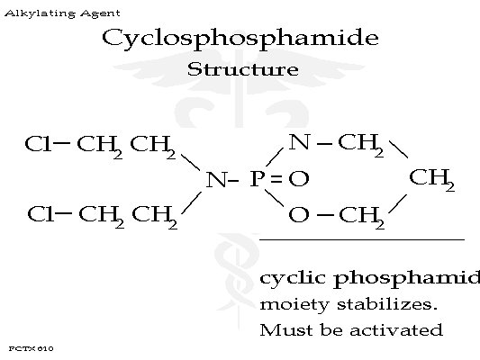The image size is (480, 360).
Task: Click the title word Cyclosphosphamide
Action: pyautogui.click(x=240, y=38)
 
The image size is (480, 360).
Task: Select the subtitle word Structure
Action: pyautogui.click(x=243, y=69)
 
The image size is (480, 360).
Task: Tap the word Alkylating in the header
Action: pyautogui.click(x=41, y=13)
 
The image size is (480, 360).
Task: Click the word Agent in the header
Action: pyautogui.click(x=100, y=13)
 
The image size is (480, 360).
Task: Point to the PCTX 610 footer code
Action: pyautogui.click(x=31, y=348)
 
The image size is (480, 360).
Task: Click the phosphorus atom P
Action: pyautogui.click(x=257, y=178)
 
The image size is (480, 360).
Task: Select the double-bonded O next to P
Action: pyautogui.click(x=299, y=179)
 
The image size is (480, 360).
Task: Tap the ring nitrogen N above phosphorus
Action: pyautogui.click(x=299, y=142)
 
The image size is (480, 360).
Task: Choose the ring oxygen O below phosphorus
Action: pyautogui.click(x=298, y=214)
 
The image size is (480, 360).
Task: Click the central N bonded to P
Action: pyautogui.click(x=216, y=179)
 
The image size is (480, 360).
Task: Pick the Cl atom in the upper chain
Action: pyautogui.click(x=37, y=144)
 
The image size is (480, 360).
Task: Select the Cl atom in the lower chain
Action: pyautogui.click(x=40, y=214)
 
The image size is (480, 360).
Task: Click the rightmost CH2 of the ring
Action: pyautogui.click(x=431, y=179)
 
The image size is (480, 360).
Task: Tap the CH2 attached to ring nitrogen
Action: pyautogui.click(x=360, y=145)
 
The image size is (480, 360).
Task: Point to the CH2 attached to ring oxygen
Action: pyautogui.click(x=361, y=217)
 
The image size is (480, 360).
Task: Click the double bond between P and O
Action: pyautogui.click(x=276, y=179)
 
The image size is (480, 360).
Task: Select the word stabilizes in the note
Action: pyautogui.click(x=387, y=304)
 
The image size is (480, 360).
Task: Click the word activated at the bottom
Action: pyautogui.click(x=396, y=330)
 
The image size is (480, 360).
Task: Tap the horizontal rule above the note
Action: pyautogui.click(x=362, y=240)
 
